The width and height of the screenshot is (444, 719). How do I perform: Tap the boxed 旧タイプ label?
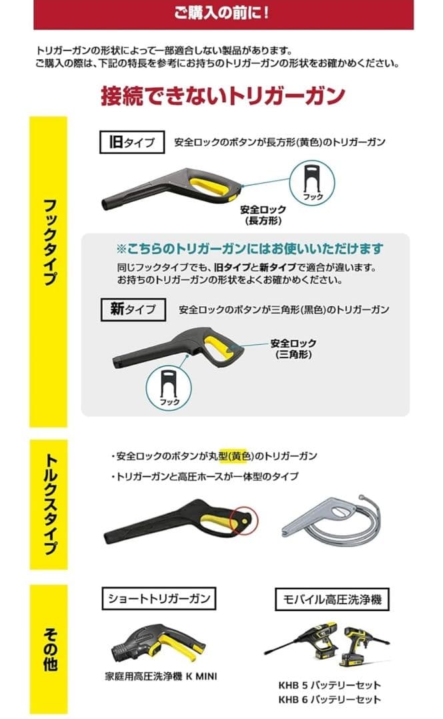[131, 142]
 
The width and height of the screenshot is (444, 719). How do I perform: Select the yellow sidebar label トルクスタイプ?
[49, 505]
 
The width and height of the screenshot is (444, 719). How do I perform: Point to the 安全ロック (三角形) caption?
[293, 349]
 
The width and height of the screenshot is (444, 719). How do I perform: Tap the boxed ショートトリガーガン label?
[159, 599]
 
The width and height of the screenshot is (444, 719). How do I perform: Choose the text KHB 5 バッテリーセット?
[329, 685]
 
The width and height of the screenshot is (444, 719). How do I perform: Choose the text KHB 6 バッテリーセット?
[329, 699]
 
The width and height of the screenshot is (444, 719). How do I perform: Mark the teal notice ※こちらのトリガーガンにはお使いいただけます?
[250, 249]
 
